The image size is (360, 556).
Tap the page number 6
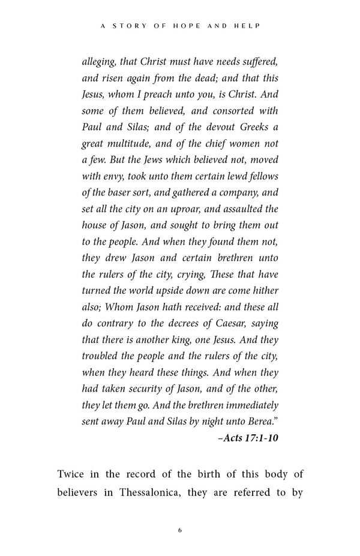coord(179,530)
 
